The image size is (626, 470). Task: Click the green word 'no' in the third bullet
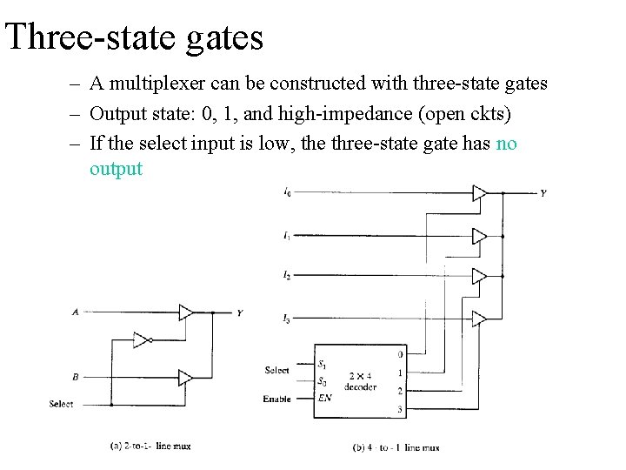(505, 144)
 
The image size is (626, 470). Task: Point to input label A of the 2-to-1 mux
(75, 312)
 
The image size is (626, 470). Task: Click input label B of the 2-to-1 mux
(76, 377)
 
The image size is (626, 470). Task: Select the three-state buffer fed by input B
(185, 378)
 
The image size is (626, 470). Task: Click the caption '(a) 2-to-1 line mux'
(150, 446)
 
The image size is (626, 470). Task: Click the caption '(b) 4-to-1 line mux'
(396, 447)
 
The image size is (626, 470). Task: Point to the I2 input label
(287, 275)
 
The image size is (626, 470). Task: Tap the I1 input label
(287, 235)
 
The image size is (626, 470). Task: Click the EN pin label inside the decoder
(324, 399)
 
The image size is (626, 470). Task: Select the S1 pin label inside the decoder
(323, 364)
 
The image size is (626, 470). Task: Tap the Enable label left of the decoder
(277, 399)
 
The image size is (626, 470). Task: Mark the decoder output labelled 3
(399, 409)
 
